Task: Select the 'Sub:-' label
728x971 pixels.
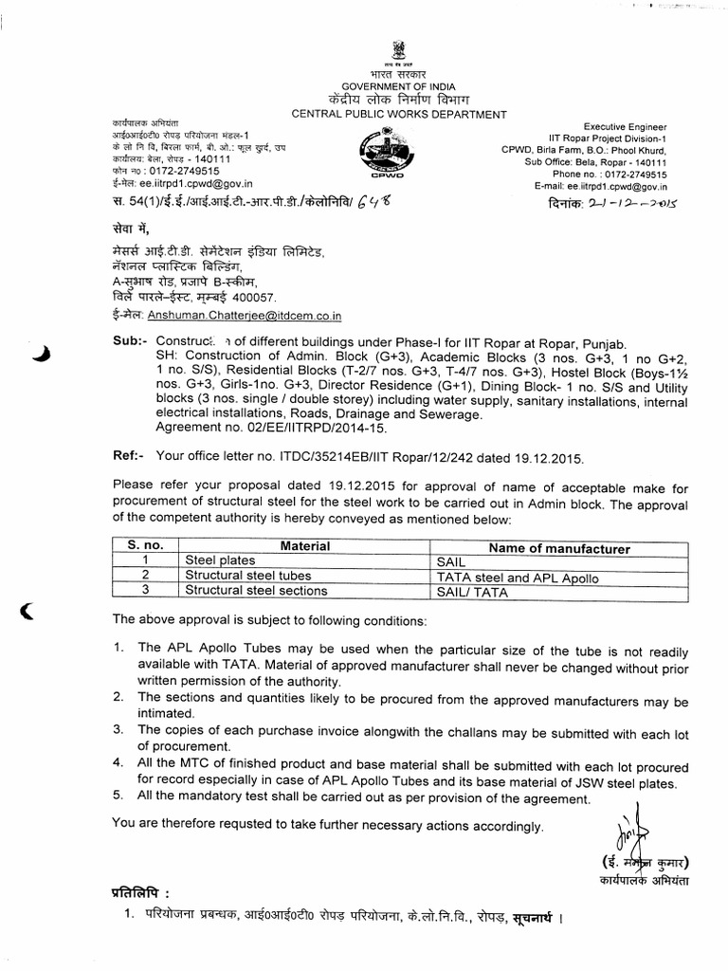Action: point(130,339)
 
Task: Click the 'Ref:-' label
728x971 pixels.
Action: point(130,458)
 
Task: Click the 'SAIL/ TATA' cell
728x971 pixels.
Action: point(468,591)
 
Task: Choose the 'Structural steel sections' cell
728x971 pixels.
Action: point(256,591)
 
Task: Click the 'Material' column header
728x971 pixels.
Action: point(304,546)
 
